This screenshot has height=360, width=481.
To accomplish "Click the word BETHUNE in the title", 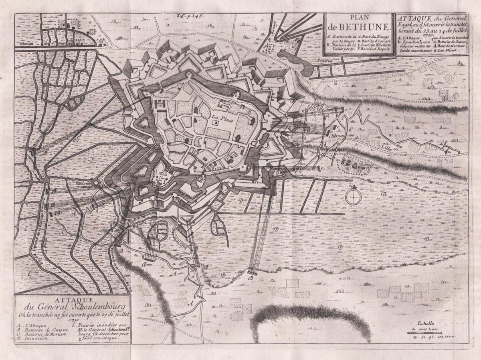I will (364, 27).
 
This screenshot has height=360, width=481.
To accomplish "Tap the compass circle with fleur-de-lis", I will (352, 196).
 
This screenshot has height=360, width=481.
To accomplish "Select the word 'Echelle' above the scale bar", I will (424, 323).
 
